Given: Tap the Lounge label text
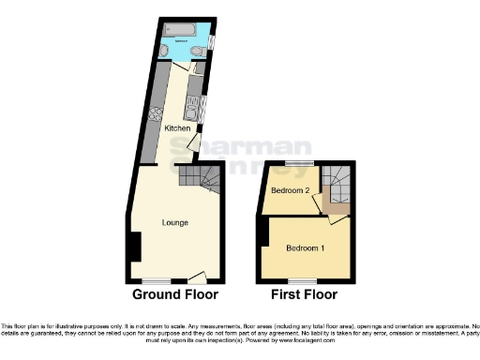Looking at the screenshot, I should (x=175, y=222).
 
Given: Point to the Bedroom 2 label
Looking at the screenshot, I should (x=291, y=191).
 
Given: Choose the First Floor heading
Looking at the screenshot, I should (x=304, y=294).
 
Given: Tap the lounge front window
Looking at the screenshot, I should (x=156, y=279).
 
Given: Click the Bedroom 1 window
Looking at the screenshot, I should (x=302, y=279).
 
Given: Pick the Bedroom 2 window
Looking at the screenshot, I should (x=299, y=163).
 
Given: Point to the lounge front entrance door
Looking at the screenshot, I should (x=197, y=277).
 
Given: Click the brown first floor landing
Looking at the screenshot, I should (x=333, y=203).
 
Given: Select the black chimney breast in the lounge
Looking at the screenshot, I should (x=135, y=247).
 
